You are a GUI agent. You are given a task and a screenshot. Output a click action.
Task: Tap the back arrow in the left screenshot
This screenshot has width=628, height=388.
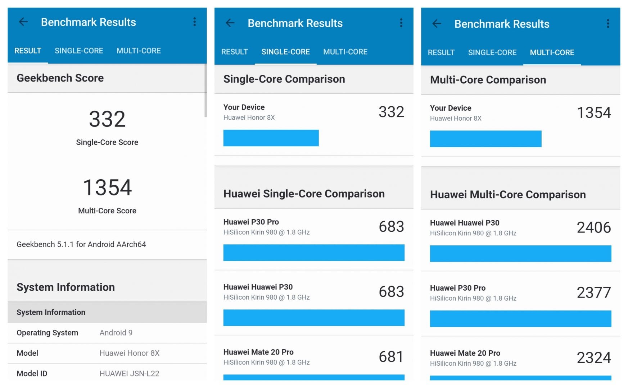pyautogui.click(x=23, y=22)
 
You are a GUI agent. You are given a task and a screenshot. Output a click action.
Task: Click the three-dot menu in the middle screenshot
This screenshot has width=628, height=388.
pyautogui.click(x=401, y=23)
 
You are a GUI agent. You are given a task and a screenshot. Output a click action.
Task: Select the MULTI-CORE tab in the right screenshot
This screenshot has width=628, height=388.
pyautogui.click(x=552, y=52)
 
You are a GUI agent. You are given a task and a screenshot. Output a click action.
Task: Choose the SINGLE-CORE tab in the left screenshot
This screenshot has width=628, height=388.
pyautogui.click(x=79, y=51)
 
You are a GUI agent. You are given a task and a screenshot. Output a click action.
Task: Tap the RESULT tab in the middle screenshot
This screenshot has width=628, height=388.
pyautogui.click(x=235, y=52)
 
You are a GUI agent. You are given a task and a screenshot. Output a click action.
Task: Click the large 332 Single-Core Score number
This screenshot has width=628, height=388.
pyautogui.click(x=107, y=119)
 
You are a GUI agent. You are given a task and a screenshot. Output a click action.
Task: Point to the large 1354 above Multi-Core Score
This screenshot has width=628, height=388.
pyautogui.click(x=108, y=188)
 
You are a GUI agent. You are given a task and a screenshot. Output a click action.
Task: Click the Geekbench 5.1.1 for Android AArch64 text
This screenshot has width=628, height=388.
pyautogui.click(x=81, y=244)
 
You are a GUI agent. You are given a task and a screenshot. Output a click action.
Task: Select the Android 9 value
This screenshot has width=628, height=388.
pyautogui.click(x=116, y=333)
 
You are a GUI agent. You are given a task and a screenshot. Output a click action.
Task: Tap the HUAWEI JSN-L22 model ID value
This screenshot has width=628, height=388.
pyautogui.click(x=130, y=374)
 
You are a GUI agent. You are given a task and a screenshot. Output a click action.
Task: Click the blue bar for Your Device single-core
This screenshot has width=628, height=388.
pyautogui.click(x=271, y=138)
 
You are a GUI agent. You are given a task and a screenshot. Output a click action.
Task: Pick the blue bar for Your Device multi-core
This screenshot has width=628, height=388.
pyautogui.click(x=486, y=139)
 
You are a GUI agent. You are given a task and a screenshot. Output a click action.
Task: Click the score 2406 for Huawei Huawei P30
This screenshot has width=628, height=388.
pyautogui.click(x=594, y=227)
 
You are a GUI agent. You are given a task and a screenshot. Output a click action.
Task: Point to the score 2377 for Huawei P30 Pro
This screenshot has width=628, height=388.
pyautogui.click(x=594, y=292)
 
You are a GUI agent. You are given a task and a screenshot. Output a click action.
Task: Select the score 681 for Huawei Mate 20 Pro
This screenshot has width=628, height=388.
pyautogui.click(x=391, y=357)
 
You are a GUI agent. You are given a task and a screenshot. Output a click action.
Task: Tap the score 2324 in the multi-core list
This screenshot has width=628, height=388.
pyautogui.click(x=594, y=358)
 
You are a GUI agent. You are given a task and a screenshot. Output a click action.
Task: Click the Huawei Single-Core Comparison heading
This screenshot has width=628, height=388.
pyautogui.click(x=304, y=194)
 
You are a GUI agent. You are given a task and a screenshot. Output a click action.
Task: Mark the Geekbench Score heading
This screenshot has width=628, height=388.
pyautogui.click(x=60, y=78)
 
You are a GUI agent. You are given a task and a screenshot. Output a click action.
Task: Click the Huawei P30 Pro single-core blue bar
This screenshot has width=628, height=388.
pyautogui.click(x=314, y=253)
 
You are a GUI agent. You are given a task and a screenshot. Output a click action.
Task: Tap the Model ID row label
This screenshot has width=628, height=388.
pyautogui.click(x=32, y=374)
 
